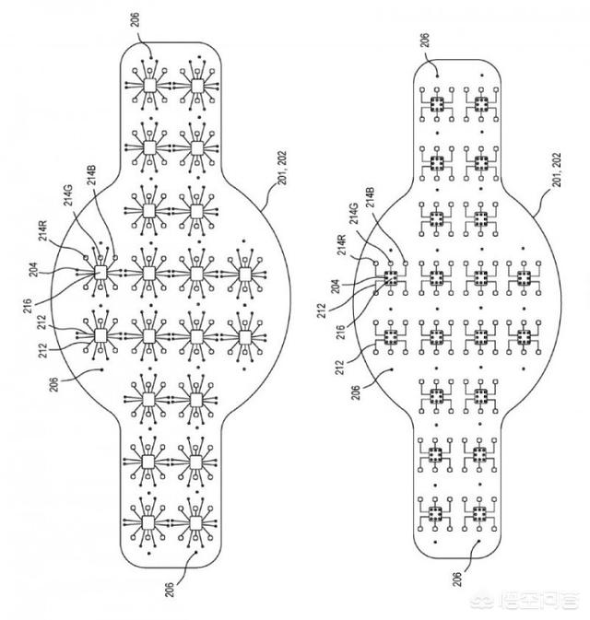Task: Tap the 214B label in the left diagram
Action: pos(92,175)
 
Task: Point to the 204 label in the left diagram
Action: pos(33,270)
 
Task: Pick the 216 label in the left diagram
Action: pos(27,306)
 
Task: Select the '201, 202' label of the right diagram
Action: pos(557,170)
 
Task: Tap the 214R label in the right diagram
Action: pos(342,245)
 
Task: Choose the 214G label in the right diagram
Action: pos(354,213)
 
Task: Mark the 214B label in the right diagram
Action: pos(371,198)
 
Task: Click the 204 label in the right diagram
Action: pos(336,287)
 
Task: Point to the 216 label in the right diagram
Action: pos(341,333)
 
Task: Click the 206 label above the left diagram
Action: pos(135,20)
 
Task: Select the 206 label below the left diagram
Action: pos(169,590)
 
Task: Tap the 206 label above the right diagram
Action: pos(425,40)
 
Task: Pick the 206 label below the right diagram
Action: pos(457,579)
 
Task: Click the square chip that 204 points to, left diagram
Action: pos(100,273)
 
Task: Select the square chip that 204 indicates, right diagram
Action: pos(391,278)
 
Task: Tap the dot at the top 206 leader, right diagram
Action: pos(437,75)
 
